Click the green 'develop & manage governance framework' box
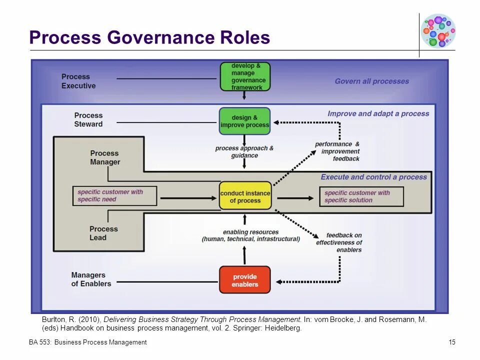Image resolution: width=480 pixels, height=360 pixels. tap(245, 76)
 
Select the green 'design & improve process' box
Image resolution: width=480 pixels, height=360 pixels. tap(244, 121)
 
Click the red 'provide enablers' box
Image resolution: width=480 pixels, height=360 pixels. tap(244, 280)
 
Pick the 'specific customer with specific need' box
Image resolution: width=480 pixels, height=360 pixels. tap(114, 195)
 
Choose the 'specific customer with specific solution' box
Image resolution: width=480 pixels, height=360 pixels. tap(361, 196)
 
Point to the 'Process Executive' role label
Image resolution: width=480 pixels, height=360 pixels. tap(78, 81)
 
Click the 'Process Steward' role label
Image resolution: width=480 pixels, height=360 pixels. tap(88, 119)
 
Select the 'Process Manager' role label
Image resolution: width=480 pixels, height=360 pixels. tap(105, 157)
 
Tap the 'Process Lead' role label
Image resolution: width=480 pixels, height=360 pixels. tap(104, 233)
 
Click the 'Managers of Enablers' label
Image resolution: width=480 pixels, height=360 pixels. tap(91, 279)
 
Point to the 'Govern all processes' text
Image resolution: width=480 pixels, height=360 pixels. tap(371, 81)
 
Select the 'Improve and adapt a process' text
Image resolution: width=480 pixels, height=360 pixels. tap(378, 113)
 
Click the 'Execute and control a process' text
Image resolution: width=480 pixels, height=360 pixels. tap(373, 176)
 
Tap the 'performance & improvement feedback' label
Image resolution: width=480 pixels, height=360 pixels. tap(337, 151)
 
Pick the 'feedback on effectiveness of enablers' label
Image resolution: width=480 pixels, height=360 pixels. tap(339, 242)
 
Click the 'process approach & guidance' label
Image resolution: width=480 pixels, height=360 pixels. tap(244, 151)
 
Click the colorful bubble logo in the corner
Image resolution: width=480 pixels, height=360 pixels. tap(438, 30)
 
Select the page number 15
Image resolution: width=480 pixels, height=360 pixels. tap(452, 342)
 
